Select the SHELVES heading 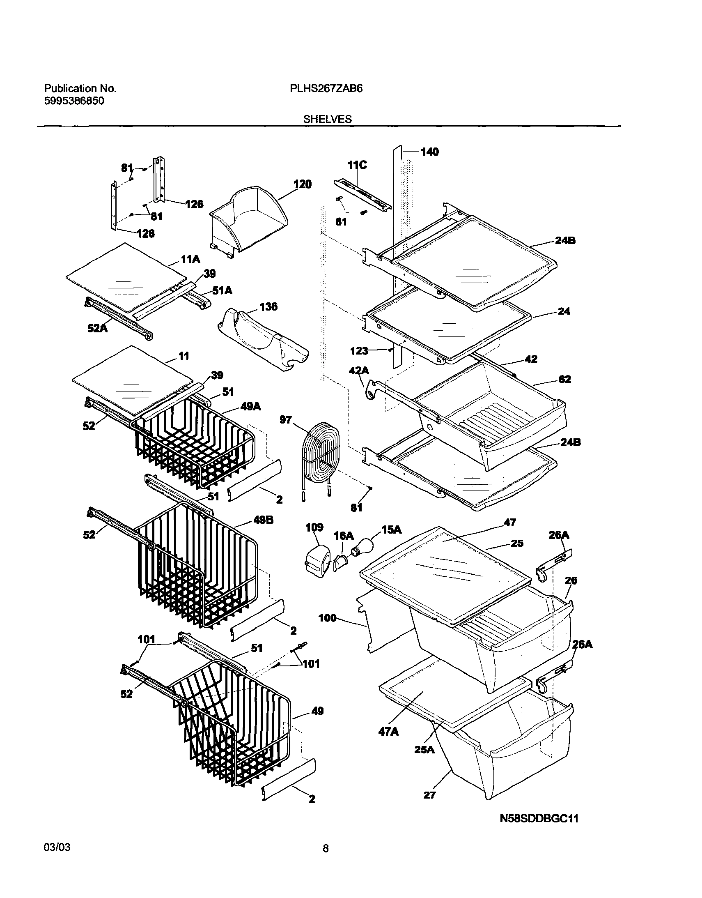327,119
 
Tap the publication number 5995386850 74,101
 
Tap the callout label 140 429,152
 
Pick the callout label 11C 357,165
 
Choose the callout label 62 565,379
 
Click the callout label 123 359,351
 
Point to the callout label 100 327,629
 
